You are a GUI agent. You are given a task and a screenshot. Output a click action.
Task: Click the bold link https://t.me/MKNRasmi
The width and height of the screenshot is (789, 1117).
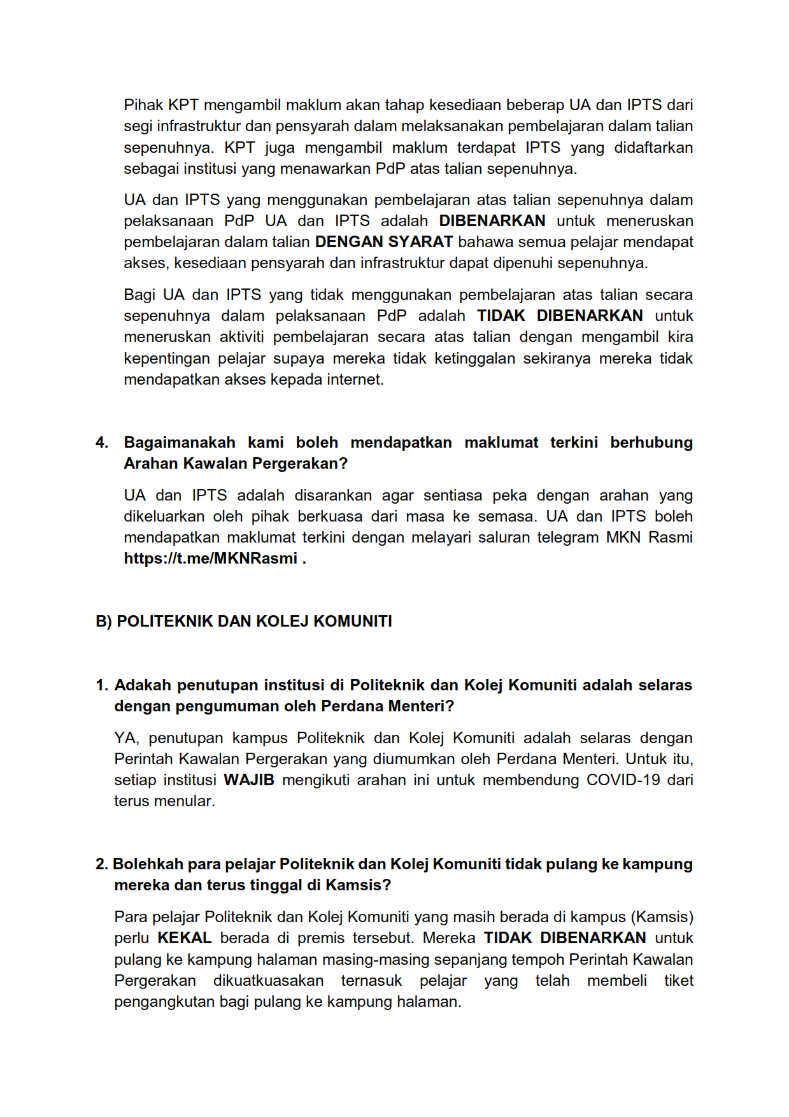[211, 558]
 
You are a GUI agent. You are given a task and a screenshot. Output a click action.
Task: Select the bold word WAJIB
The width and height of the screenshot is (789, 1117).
[249, 780]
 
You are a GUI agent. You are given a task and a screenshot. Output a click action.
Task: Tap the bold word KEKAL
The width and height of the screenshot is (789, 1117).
[184, 938]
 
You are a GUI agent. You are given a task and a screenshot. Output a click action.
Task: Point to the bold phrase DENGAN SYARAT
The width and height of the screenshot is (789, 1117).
[384, 242]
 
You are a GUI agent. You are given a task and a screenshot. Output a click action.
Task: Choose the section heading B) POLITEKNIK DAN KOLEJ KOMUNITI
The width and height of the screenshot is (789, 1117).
[244, 622]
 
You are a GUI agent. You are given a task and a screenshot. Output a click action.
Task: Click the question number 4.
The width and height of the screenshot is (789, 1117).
[101, 443]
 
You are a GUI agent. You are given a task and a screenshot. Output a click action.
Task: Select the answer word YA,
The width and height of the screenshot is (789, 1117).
[127, 738]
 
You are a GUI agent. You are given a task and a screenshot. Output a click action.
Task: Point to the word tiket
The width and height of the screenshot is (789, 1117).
[679, 981]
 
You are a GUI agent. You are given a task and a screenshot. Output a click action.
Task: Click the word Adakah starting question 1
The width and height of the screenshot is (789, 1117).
[143, 685]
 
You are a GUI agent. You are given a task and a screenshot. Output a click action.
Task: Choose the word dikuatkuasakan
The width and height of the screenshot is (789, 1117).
[268, 981]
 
